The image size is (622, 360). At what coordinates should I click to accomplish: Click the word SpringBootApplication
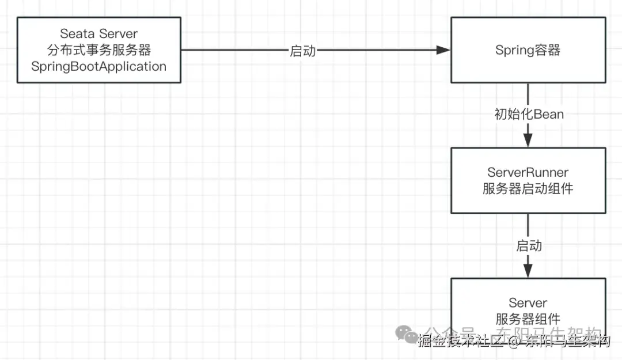click(98, 66)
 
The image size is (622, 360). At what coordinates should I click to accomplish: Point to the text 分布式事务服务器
click(98, 50)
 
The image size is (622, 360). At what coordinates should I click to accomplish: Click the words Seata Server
click(98, 35)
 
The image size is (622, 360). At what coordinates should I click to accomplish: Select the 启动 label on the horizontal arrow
click(302, 51)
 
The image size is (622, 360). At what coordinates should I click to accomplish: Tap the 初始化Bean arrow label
click(529, 114)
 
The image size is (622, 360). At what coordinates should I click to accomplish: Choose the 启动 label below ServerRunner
click(529, 246)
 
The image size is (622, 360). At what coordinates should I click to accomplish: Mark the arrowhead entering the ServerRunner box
click(528, 140)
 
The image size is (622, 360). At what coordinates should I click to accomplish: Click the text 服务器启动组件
click(528, 188)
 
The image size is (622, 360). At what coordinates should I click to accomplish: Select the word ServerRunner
click(528, 172)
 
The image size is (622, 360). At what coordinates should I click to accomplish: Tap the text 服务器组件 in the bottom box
click(528, 319)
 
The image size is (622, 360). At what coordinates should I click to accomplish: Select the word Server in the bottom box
click(528, 303)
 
